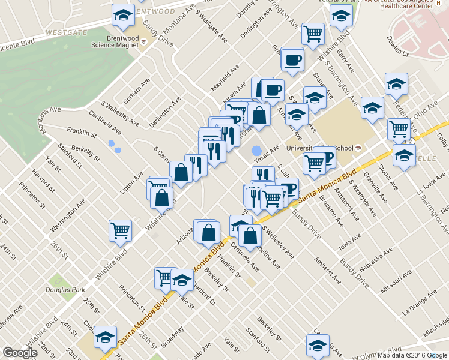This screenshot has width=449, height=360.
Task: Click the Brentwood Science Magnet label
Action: (x=115, y=41)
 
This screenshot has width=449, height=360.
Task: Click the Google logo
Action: (x=20, y=353)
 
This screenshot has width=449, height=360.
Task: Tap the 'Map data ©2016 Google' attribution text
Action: (x=412, y=355)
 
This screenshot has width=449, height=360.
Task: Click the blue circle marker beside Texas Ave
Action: (x=256, y=151)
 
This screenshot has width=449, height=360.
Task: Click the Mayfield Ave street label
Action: (x=225, y=78)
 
